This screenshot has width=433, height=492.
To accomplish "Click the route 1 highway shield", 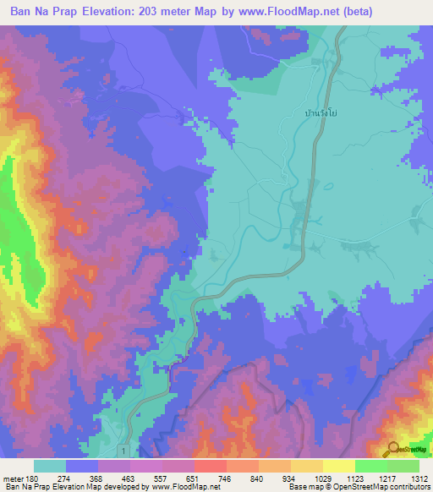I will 124,452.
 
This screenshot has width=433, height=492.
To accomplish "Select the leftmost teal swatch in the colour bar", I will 49,466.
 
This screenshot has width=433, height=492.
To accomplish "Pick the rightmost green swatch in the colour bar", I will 403,466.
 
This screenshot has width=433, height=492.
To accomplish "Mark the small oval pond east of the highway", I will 315,245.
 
